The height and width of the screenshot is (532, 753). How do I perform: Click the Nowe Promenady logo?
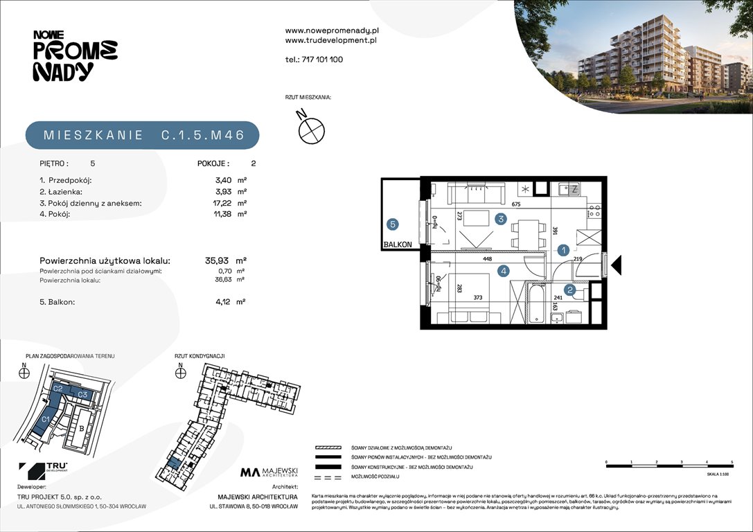coord(75,55)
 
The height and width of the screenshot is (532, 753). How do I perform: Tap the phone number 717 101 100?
coord(323,60)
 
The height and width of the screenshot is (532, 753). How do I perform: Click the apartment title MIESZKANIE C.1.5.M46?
coord(143,136)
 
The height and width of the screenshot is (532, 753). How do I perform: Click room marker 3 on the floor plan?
coord(500,219)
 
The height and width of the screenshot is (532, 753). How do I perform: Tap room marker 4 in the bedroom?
coord(504,271)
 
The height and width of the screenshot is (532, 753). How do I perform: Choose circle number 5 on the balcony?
coord(393,224)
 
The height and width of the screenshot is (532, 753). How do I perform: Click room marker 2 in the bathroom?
coord(569,291)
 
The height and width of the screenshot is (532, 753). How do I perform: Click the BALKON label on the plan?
coord(398,245)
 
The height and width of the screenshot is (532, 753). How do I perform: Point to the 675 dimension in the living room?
coord(515,204)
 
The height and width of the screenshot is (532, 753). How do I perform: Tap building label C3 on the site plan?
coord(82,394)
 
